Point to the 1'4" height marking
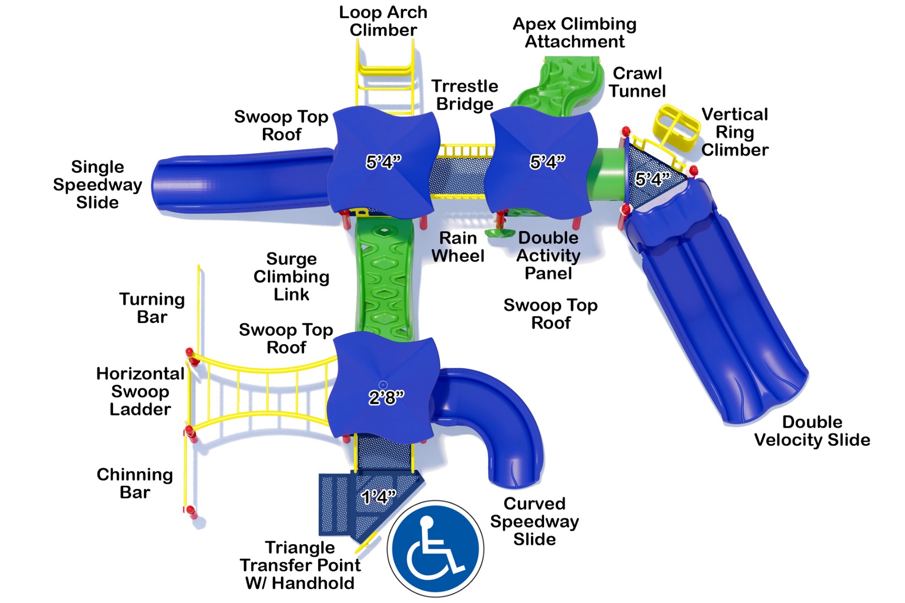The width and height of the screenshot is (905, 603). [379, 497]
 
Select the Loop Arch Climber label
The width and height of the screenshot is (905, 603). [383, 21]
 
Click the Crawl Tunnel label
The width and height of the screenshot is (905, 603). [637, 82]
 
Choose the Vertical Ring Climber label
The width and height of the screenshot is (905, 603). [735, 132]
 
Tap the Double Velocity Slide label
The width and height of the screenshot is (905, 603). [812, 431]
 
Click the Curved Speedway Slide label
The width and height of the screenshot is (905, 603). [534, 521]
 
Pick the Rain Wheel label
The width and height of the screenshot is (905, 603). [458, 247]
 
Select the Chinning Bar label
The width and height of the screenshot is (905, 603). [135, 483]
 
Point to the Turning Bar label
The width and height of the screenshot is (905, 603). [152, 308]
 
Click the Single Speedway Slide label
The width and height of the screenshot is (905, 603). [98, 184]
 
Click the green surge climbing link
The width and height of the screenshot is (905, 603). [385, 281]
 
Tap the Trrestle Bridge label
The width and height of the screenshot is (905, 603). [465, 95]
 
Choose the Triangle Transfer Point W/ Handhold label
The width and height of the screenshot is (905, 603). [300, 565]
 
